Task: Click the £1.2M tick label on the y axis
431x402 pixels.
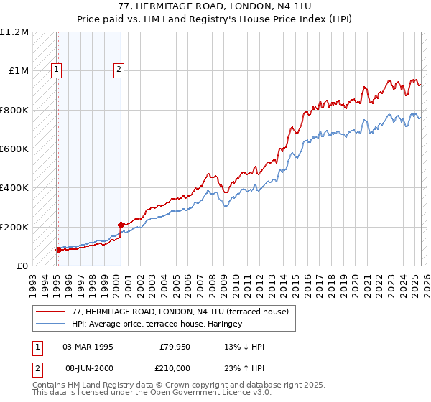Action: point(14,32)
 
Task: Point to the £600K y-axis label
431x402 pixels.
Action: point(14,149)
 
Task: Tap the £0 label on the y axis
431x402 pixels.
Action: point(22,266)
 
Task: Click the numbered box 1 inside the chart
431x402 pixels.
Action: point(55,70)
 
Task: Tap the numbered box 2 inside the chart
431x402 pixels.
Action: point(118,70)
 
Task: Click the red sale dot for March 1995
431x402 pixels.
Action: point(58,250)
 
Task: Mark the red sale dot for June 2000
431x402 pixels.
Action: point(121,225)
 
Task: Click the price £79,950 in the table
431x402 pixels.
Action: point(175,347)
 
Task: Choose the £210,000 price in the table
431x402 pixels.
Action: point(175,368)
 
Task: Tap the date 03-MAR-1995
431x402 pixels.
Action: point(88,347)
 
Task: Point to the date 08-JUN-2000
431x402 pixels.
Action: point(88,368)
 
